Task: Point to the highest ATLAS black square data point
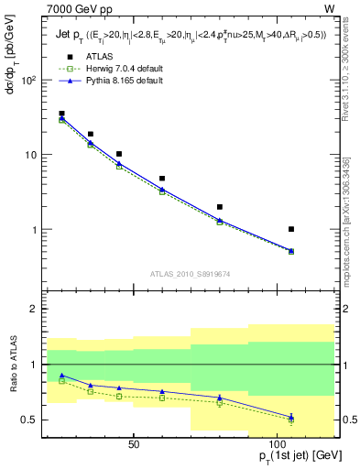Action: (x=61, y=114)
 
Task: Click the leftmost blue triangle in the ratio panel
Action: (x=61, y=376)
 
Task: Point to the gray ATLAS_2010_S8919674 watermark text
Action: (x=191, y=273)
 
